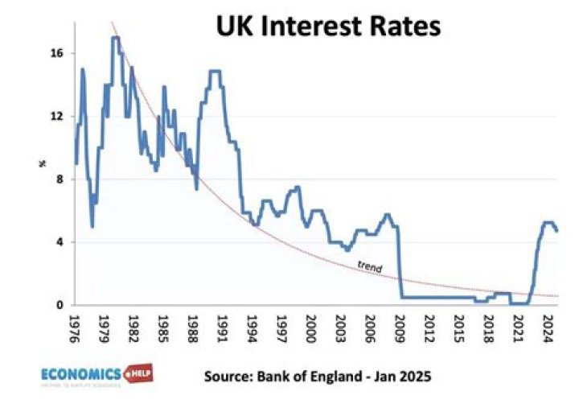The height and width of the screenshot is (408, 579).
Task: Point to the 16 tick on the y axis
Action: click(59, 53)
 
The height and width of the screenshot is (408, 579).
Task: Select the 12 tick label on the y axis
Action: click(59, 116)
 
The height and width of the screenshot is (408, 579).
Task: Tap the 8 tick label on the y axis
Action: click(61, 179)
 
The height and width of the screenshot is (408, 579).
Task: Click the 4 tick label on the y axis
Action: click(61, 241)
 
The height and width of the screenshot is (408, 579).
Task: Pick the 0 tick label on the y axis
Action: click(61, 305)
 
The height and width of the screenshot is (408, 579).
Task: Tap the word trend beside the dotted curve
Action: click(368, 267)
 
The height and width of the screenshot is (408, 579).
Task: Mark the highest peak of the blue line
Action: click(116, 37)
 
